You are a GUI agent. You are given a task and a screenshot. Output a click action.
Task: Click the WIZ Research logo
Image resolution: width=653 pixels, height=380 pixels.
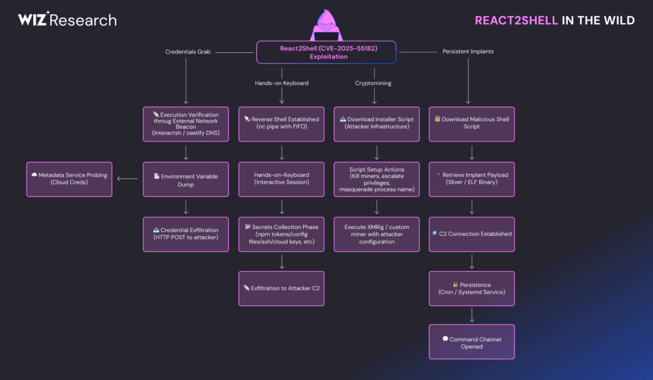coord(67,20)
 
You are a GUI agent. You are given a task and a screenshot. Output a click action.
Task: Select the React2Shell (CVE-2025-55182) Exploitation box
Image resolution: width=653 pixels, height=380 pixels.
coord(326,52)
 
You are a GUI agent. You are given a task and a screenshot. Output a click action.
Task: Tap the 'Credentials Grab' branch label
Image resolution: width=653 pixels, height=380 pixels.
coord(188,52)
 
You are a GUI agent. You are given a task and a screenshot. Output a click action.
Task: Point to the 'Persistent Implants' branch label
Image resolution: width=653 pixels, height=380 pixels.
coord(467,52)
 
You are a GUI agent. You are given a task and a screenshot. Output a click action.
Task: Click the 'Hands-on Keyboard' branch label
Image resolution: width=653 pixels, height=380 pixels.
coord(281,83)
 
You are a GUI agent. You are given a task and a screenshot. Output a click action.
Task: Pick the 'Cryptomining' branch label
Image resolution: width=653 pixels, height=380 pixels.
coord(374,83)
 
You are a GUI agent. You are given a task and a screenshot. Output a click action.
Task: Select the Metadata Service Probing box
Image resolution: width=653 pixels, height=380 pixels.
coord(69,179)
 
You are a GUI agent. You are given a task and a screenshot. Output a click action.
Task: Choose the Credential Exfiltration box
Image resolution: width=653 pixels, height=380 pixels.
coord(186,233)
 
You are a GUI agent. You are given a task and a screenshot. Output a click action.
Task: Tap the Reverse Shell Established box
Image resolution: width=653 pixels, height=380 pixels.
coord(281,124)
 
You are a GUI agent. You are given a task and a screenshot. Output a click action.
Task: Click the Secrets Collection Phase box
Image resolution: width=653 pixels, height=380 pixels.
coord(281,233)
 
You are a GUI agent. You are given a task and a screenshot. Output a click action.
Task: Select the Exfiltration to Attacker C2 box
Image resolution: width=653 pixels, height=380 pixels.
coord(281,288)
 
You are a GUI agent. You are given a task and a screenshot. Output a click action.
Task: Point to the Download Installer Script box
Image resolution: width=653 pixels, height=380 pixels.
coord(376,124)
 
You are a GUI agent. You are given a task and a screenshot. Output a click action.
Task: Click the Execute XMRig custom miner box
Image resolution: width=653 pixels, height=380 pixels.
coord(376,233)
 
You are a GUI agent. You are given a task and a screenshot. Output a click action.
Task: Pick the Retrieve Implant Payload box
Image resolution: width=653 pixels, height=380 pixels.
coord(471,179)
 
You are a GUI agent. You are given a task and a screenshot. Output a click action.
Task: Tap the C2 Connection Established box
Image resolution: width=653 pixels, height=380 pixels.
coord(471,234)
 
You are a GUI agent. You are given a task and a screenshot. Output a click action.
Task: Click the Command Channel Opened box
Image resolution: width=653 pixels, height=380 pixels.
coord(471,343)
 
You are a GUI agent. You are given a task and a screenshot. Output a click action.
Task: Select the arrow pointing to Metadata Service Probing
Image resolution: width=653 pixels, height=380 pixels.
coord(128,179)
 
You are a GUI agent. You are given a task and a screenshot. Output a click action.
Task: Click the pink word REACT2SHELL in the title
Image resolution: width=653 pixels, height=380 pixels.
coord(517,20)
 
